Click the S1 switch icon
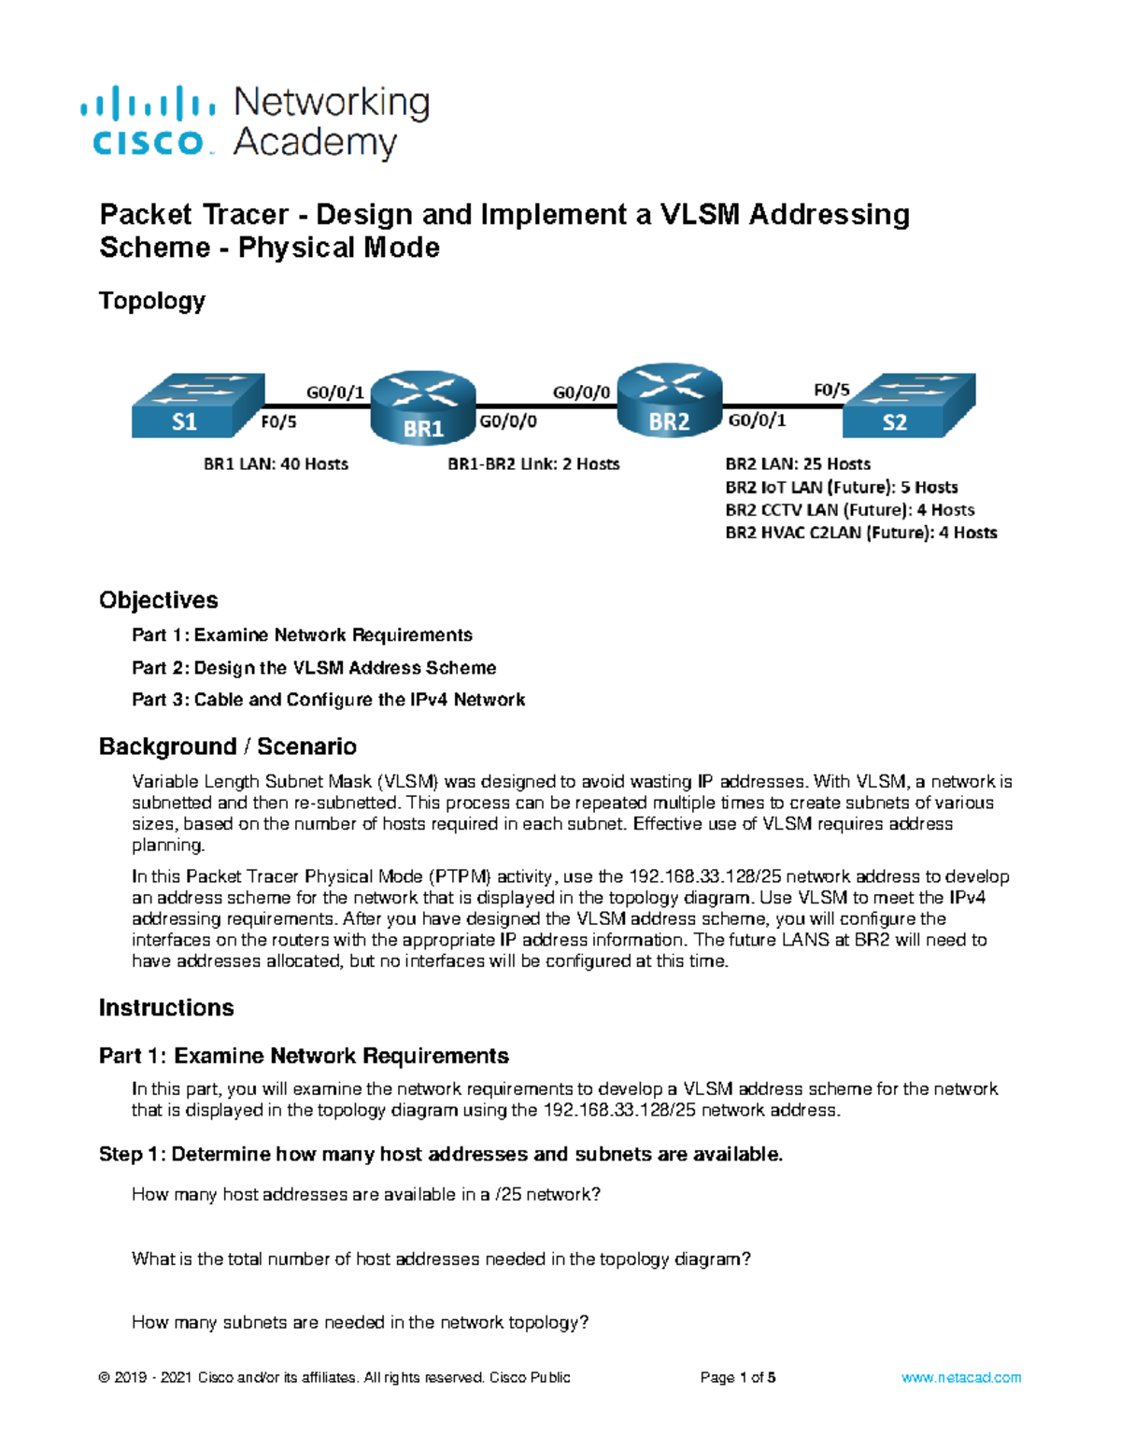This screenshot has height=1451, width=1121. [197, 405]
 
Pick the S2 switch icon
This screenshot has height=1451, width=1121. [908, 405]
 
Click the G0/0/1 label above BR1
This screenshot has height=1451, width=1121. [334, 392]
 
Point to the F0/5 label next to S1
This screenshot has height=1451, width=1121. [278, 422]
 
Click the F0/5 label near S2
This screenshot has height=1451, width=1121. [831, 391]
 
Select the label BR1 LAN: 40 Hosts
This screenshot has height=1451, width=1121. [276, 464]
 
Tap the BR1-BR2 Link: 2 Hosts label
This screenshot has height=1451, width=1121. [533, 464]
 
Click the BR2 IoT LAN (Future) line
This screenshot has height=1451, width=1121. [841, 488]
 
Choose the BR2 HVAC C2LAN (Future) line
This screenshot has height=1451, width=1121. [860, 533]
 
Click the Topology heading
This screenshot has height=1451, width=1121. [152, 301]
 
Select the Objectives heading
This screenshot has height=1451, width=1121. [159, 600]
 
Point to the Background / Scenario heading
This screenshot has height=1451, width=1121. [228, 747]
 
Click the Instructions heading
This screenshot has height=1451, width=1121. [166, 1007]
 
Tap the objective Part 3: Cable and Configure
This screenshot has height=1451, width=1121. [328, 700]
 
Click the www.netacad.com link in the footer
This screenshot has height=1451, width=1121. [960, 1377]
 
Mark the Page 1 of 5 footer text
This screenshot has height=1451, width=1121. [738, 1377]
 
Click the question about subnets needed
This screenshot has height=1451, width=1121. [360, 1322]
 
